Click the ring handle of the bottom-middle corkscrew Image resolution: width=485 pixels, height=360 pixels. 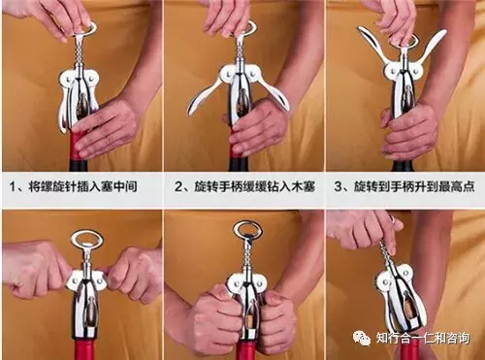click(247, 232)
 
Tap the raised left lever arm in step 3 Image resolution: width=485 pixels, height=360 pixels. click(372, 45)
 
